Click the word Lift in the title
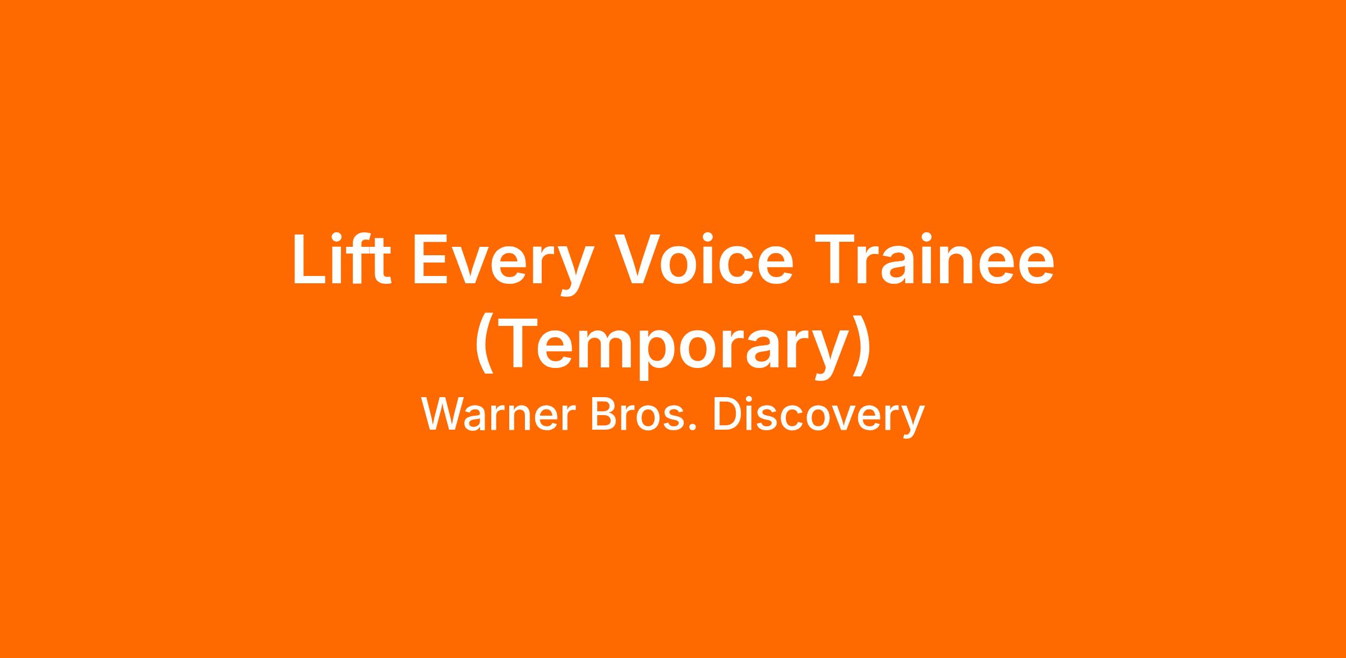[x=342, y=260]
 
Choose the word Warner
[x=499, y=415]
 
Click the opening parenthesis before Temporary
[x=484, y=343]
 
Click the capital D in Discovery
[x=727, y=415]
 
